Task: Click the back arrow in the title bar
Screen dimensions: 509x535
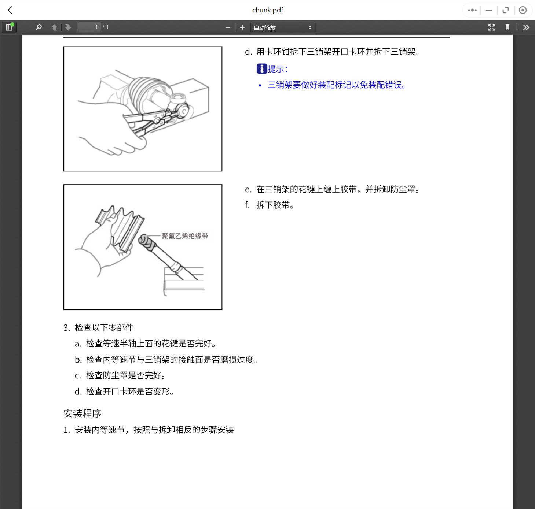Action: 10,10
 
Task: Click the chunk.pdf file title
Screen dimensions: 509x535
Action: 267,10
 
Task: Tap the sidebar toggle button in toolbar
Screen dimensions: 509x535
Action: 9,27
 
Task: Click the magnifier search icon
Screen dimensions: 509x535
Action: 39,27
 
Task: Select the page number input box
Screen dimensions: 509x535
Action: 88,27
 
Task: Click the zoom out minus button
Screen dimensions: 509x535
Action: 228,27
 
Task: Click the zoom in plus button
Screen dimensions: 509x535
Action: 242,27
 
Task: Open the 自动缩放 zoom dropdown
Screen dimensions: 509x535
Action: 283,27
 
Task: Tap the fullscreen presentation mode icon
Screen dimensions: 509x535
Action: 491,27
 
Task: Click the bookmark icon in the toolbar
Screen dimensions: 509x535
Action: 507,27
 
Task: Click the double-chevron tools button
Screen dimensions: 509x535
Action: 526,27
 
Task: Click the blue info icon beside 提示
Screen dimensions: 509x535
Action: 261,68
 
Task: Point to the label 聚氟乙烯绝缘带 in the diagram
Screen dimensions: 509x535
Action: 185,236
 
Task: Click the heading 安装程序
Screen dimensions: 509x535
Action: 83,413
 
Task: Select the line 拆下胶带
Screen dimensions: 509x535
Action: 275,205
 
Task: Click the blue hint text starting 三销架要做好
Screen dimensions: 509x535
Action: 336,85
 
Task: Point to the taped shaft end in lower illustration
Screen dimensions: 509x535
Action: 147,242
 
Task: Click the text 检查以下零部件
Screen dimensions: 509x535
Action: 104,328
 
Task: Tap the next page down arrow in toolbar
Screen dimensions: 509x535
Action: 68,27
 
